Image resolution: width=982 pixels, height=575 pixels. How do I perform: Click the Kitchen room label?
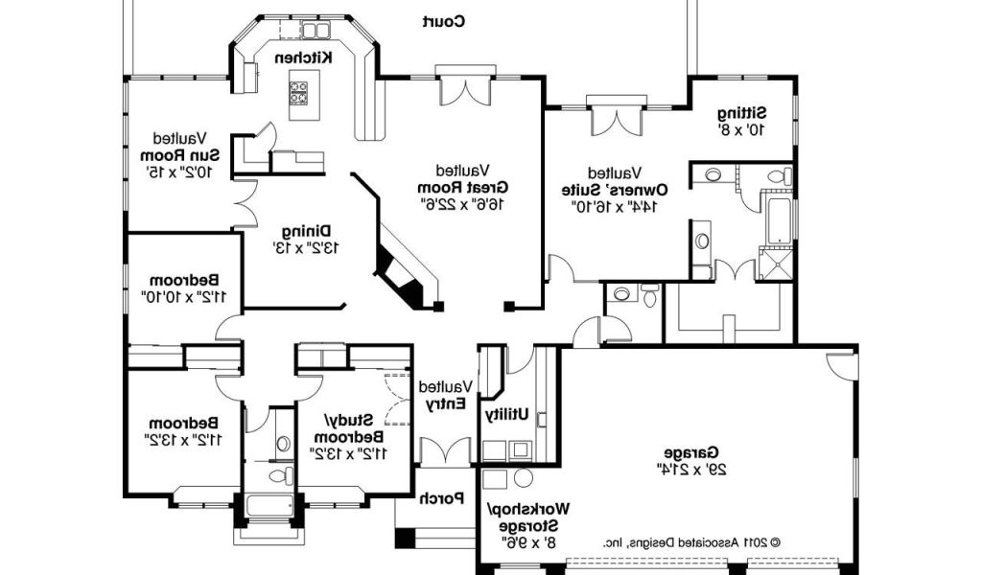click(x=304, y=57)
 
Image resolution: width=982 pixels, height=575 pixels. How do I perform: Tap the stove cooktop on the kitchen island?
click(x=298, y=93)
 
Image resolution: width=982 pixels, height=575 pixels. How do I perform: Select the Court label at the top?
click(x=443, y=22)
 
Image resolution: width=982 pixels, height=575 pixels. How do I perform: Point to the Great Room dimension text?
click(x=463, y=203)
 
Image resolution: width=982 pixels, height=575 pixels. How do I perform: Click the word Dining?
click(x=306, y=231)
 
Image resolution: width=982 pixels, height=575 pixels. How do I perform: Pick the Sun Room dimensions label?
click(x=179, y=172)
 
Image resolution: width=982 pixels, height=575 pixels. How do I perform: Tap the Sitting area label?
click(x=742, y=113)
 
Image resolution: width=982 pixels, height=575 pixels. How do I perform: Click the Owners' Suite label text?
click(x=615, y=189)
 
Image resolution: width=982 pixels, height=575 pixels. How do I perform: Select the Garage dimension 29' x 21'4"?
click(x=692, y=469)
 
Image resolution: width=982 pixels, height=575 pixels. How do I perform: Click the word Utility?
click(x=506, y=414)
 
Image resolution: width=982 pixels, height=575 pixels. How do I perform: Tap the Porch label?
click(x=441, y=498)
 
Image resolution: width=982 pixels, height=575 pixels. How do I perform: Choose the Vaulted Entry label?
click(x=445, y=396)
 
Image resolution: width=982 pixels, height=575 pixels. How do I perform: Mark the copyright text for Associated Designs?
click(x=691, y=543)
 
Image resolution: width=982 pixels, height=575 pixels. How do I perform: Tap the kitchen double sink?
click(x=316, y=30)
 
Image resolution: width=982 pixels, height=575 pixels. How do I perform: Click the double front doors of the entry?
click(x=445, y=451)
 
